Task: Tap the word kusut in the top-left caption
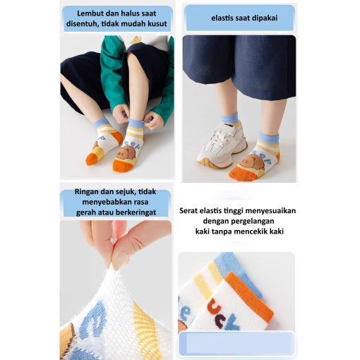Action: coord(157,23)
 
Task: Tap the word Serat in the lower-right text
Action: coord(188,210)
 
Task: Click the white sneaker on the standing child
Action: coord(222,146)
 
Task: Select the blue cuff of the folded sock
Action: coord(238,273)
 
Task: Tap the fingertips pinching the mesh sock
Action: coord(118,260)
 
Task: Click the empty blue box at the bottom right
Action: coord(236,343)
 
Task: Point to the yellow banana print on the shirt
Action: coord(135,40)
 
